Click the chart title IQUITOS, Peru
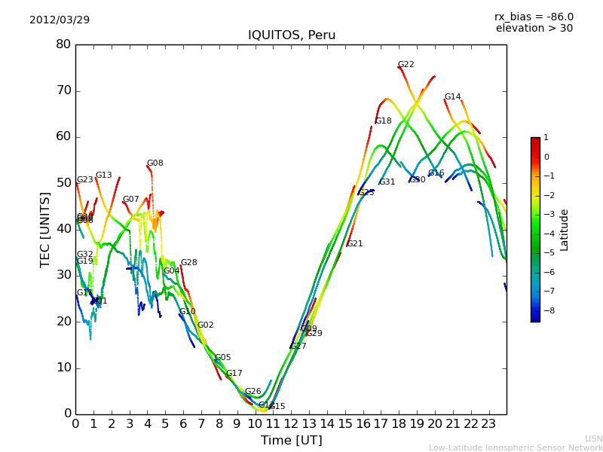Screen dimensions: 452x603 coord(292,35)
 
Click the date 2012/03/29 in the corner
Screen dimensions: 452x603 coord(60,20)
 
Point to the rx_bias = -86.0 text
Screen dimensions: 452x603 coord(534,17)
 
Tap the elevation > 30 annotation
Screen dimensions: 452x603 coord(534,29)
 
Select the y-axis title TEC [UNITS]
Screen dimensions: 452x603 coord(46,229)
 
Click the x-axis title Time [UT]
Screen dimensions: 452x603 coord(292,440)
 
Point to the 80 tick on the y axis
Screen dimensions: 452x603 coord(63,44)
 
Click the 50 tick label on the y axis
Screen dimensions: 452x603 coord(63,183)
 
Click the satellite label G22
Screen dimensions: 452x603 coord(406,65)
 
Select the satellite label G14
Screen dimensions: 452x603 coord(452,97)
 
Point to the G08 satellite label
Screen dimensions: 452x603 coord(155,163)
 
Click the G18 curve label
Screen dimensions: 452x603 coord(384,121)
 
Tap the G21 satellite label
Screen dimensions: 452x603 coord(354,244)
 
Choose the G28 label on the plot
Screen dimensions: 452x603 coord(188,263)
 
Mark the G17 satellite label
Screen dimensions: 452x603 coord(234,374)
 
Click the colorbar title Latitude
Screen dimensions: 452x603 coord(565,230)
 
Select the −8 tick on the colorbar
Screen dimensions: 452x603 coord(546,310)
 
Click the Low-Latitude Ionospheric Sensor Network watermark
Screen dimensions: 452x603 coord(516,447)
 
